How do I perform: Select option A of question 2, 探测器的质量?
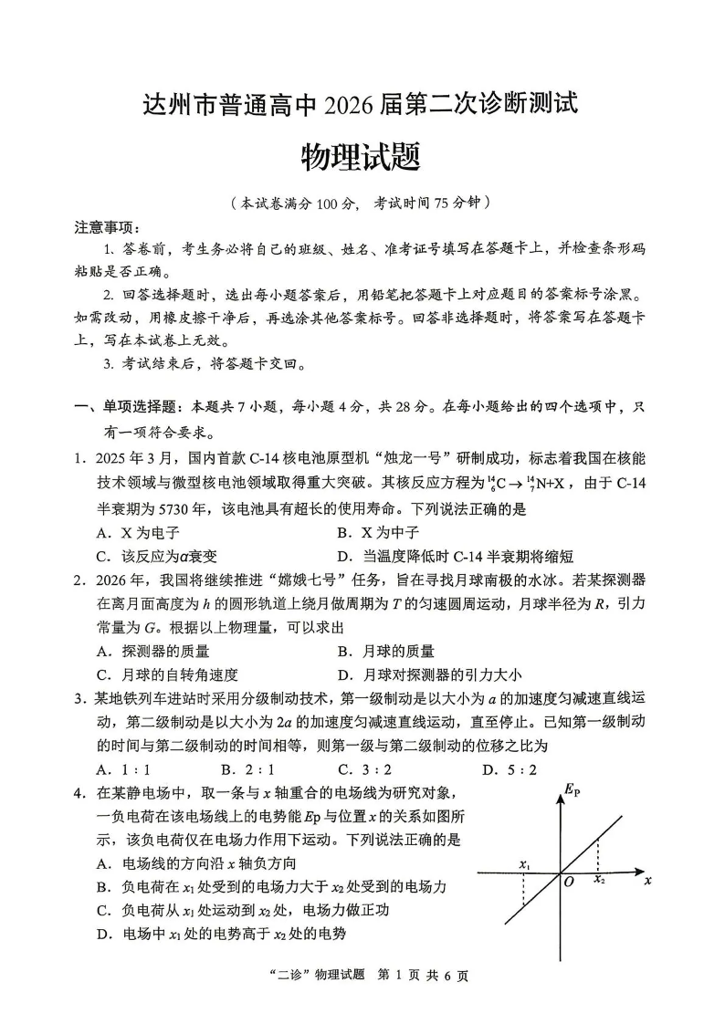(x=153, y=651)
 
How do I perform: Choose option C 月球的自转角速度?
(x=167, y=674)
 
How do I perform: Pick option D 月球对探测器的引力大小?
(x=429, y=674)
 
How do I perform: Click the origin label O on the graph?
(x=568, y=883)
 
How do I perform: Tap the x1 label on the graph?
(x=524, y=863)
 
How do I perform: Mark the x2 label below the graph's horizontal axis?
(x=599, y=880)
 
